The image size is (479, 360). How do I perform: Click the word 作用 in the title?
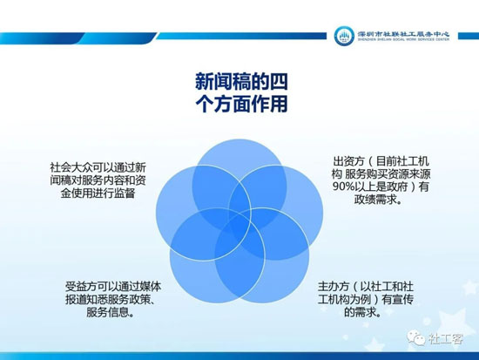(270, 105)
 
